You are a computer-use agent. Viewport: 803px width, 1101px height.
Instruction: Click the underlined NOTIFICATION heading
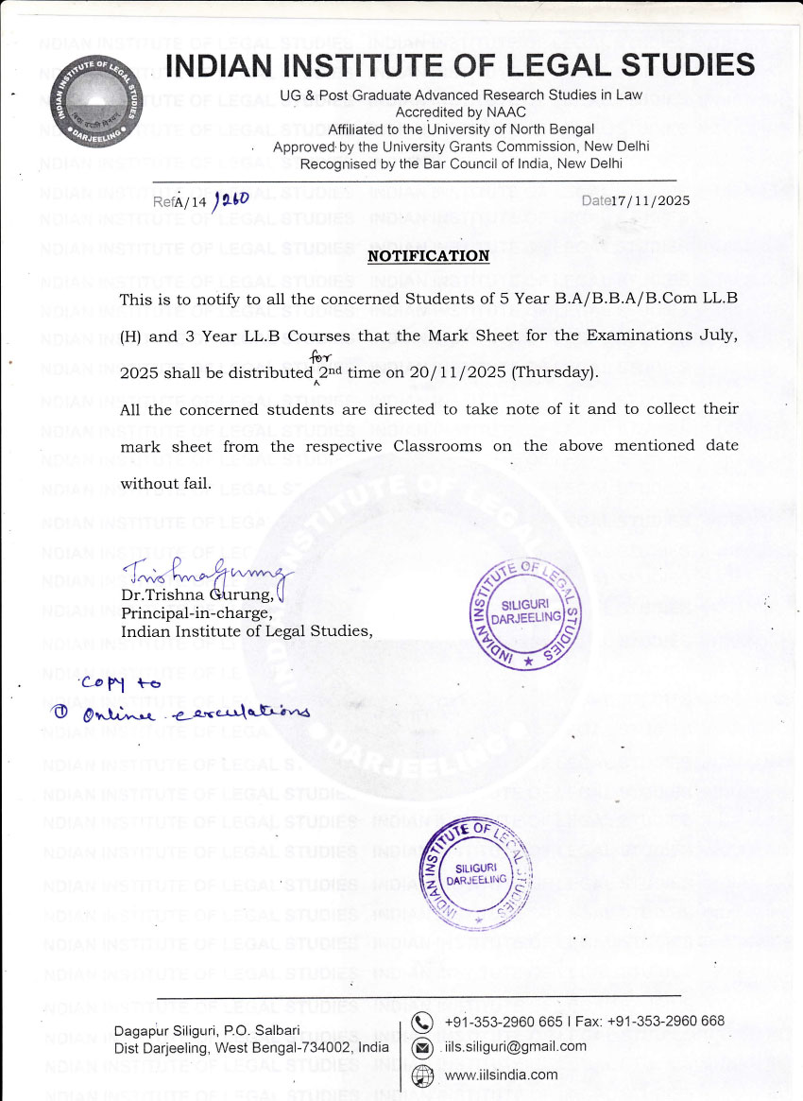[428, 256]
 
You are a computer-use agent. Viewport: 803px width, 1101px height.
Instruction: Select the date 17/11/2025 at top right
[651, 200]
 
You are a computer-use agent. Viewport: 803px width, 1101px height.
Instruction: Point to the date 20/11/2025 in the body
[460, 372]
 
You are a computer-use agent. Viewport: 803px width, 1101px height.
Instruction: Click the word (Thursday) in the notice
[555, 372]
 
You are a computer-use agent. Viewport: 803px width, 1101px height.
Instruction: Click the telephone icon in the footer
[424, 1021]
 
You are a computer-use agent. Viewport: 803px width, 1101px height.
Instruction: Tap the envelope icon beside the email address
[424, 1047]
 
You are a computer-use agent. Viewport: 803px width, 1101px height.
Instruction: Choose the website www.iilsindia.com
[501, 1075]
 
